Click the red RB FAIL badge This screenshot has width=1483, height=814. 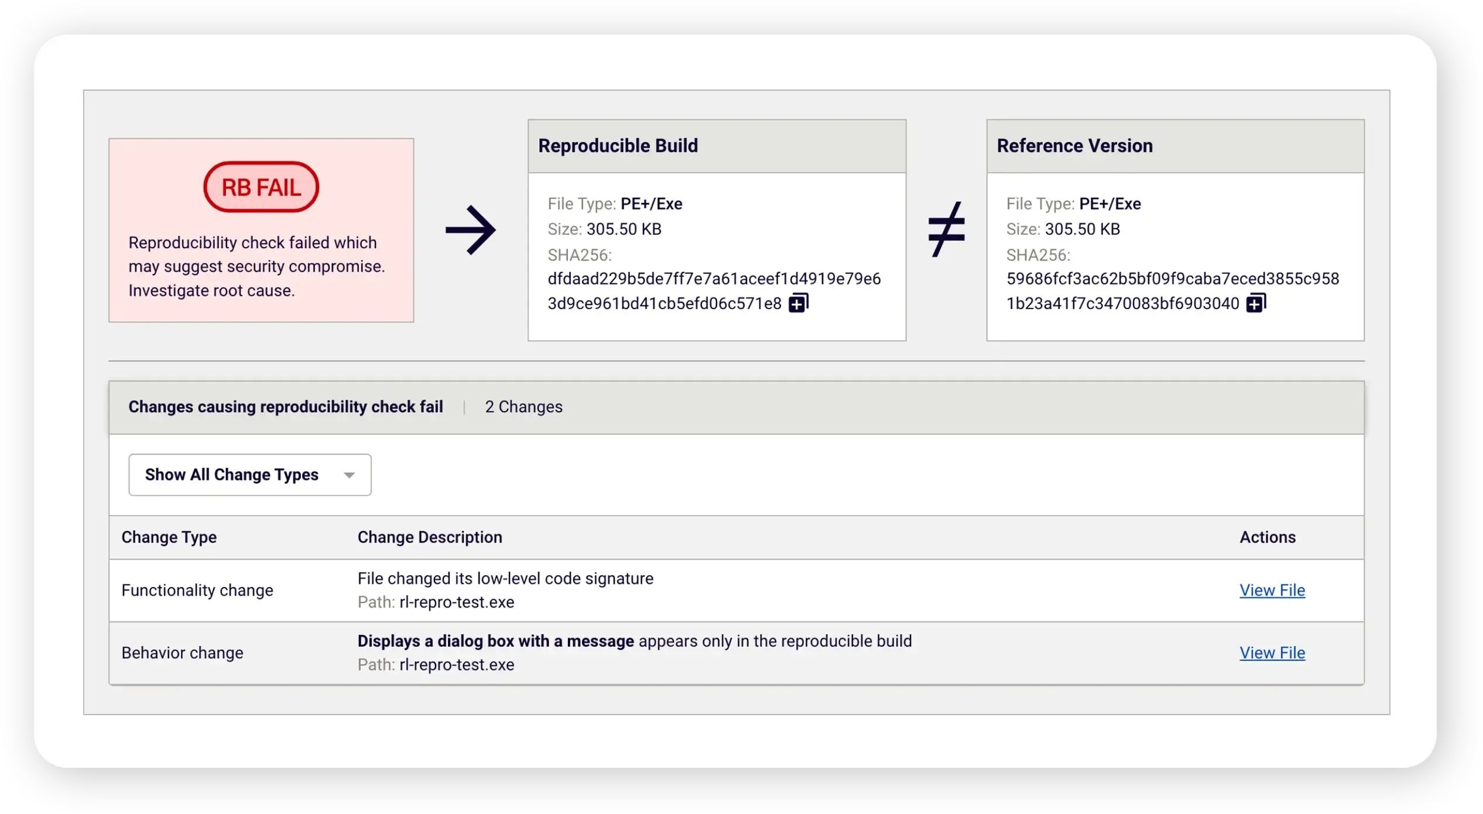[261, 187]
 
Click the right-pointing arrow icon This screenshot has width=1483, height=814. [471, 229]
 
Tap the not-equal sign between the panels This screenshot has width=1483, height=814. [946, 229]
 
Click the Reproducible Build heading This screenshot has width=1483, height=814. [618, 146]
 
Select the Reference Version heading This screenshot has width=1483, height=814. [1074, 146]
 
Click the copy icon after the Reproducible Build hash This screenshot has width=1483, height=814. [799, 303]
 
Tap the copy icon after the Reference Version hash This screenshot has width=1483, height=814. [1256, 303]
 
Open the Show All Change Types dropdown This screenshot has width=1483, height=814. [250, 475]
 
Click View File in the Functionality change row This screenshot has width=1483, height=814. [1272, 590]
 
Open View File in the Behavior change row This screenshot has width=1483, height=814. [1272, 653]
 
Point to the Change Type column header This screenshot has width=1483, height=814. [169, 537]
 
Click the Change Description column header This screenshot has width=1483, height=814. [430, 537]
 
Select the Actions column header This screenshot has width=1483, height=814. [1267, 537]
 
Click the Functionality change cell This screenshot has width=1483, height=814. [197, 590]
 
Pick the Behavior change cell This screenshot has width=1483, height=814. [182, 653]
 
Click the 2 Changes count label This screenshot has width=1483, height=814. [523, 407]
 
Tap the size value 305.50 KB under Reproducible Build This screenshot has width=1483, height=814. [624, 229]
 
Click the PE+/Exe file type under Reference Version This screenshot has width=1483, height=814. [1109, 204]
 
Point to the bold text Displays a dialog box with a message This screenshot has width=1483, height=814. [495, 641]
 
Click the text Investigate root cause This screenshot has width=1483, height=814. [211, 291]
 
